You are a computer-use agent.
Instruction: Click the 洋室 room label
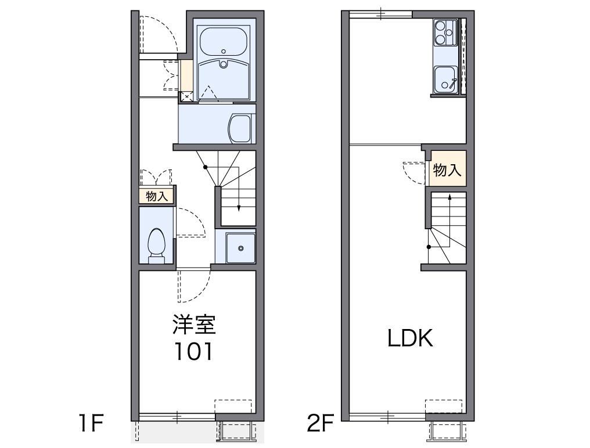[x=194, y=324]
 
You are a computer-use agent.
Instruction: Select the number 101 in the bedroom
[x=193, y=351]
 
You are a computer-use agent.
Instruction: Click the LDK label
[x=410, y=338]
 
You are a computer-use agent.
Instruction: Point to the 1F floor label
[x=91, y=423]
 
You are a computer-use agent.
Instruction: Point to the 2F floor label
[x=321, y=423]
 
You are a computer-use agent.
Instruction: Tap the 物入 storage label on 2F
[x=447, y=170]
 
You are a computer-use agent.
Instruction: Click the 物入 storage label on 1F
[x=157, y=196]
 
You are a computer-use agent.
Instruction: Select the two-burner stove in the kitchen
[x=445, y=32]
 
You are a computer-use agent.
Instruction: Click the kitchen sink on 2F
[x=445, y=80]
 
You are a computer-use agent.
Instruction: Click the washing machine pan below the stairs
[x=240, y=248]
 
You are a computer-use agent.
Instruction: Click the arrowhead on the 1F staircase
[x=239, y=208]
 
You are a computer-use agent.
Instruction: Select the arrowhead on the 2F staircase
[x=449, y=196]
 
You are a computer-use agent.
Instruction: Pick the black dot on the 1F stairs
[x=206, y=167]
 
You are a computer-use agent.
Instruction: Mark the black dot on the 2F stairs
[x=429, y=247]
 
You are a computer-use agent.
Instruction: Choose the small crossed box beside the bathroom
[x=186, y=96]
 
